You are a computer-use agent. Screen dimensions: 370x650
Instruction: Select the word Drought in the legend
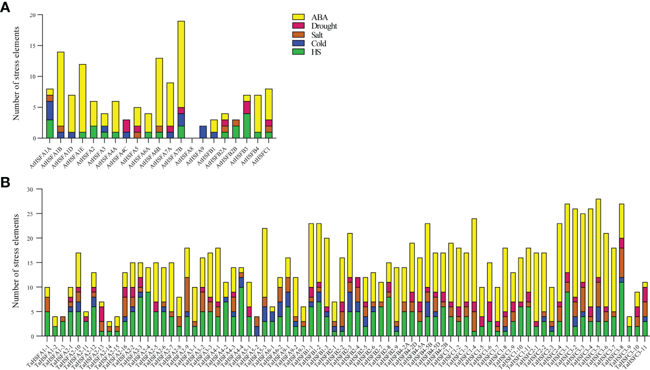[x=324, y=26]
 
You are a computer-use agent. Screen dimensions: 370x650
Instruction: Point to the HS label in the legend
[x=316, y=52]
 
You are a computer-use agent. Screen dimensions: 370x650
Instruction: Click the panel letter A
[x=6, y=8]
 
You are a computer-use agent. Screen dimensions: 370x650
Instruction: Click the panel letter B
[x=6, y=182]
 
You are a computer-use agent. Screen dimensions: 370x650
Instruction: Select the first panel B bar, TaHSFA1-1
[x=47, y=310]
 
